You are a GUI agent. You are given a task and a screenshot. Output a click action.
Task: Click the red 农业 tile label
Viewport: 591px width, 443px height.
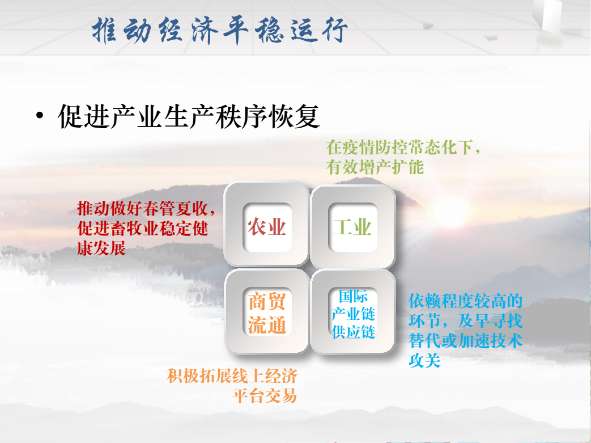point(266,227)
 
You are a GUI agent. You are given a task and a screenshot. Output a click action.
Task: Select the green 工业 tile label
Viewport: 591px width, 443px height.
point(353,227)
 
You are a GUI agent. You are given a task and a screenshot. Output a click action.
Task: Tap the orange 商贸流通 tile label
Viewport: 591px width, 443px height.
point(267,313)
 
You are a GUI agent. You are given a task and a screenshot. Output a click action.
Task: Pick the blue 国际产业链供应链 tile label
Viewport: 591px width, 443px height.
point(353,314)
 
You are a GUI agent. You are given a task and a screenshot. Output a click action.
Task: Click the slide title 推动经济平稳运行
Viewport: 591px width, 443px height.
point(220,30)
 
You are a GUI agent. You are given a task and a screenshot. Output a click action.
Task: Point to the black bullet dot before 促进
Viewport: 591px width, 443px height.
point(40,116)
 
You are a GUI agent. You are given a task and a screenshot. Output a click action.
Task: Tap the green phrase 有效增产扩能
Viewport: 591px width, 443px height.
point(375,167)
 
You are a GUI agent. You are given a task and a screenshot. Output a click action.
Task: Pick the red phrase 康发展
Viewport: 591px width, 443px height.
point(101,248)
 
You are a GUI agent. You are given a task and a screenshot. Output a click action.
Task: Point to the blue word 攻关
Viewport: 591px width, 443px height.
point(425,360)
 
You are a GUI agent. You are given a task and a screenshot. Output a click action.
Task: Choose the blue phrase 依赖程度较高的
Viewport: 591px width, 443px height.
point(465,301)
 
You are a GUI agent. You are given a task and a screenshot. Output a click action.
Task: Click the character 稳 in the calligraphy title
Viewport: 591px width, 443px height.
point(269,30)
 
